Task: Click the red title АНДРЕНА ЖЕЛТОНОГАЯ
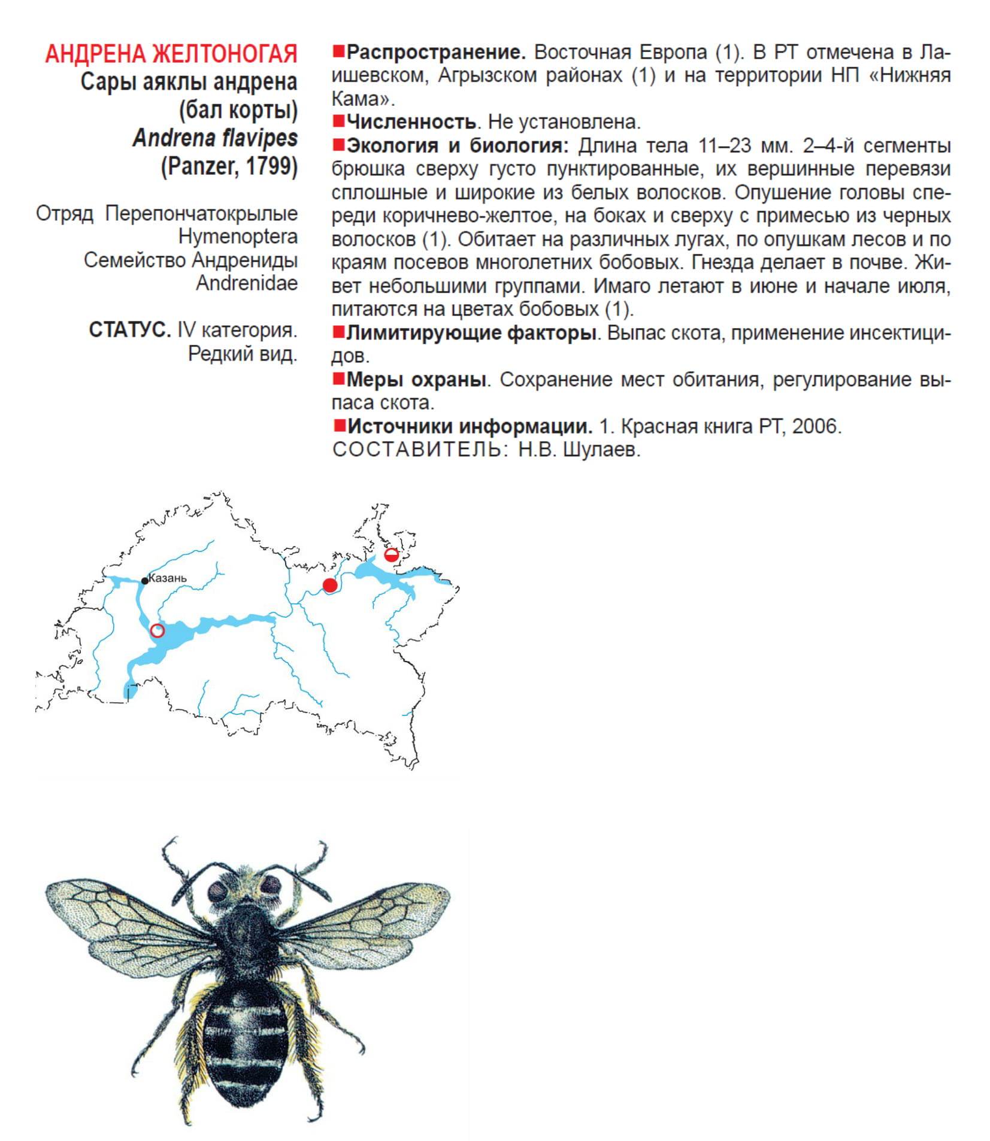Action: tap(171, 54)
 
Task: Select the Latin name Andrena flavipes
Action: tap(215, 138)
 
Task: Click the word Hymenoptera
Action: tap(238, 236)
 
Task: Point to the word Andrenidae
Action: tap(247, 283)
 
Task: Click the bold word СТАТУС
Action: tap(129, 330)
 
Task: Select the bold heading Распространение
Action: tap(436, 53)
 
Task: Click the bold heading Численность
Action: tap(411, 122)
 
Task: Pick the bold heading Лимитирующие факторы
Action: tap(471, 333)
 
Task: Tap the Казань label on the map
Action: tap(168, 578)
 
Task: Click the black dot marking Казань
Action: tap(145, 581)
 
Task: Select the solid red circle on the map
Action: tap(330, 585)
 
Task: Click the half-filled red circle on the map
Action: tap(392, 555)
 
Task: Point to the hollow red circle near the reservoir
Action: tap(158, 630)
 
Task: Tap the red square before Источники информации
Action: tap(340, 426)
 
